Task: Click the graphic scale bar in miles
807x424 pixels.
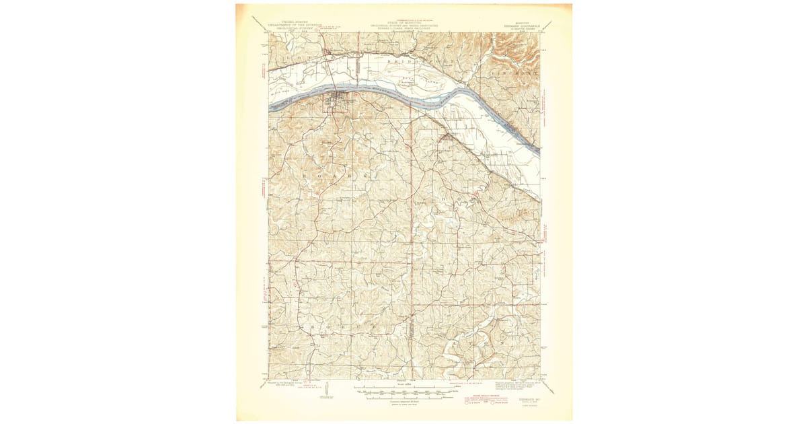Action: [402, 390]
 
